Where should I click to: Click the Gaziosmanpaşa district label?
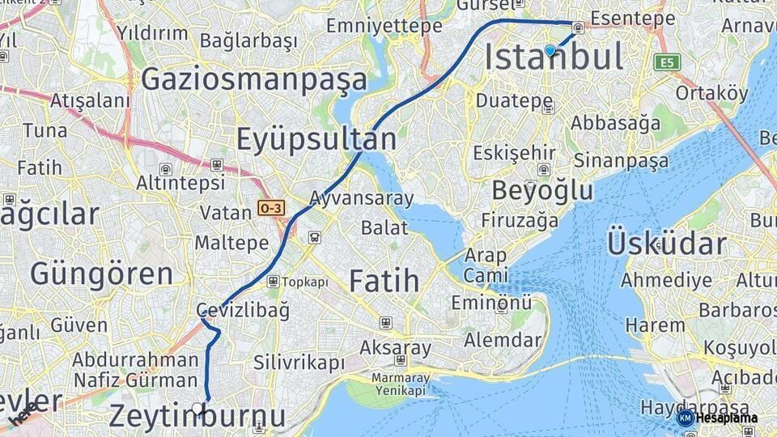click(254, 79)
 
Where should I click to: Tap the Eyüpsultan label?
click(316, 139)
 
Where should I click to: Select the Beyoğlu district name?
click(542, 191)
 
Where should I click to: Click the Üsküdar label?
click(666, 244)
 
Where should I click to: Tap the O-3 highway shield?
click(271, 208)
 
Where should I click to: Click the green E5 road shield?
click(669, 62)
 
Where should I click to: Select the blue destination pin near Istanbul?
click(550, 51)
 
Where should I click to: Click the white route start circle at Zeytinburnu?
click(197, 407)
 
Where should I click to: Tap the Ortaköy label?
click(712, 94)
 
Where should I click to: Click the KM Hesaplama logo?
click(717, 418)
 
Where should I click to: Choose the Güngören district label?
click(102, 274)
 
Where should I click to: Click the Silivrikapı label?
click(299, 363)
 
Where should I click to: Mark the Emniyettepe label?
click(384, 26)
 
